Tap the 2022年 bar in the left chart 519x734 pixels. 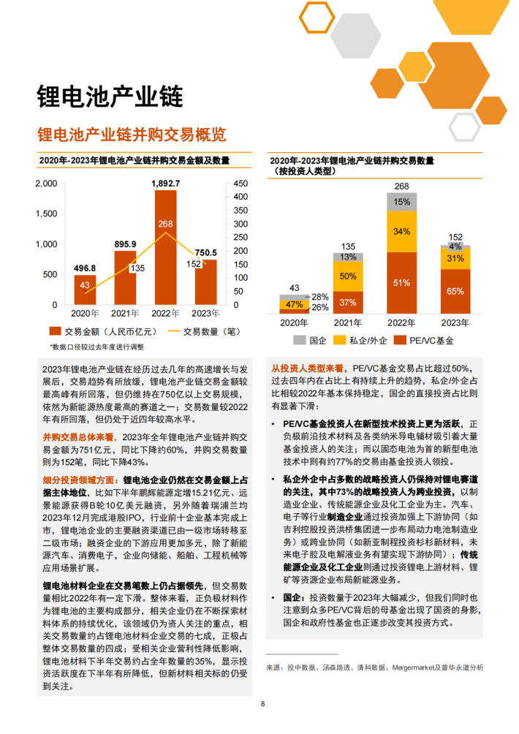[166, 249]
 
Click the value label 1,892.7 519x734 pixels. [166, 183]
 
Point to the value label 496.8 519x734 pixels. [85, 268]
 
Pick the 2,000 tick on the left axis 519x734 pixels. [45, 183]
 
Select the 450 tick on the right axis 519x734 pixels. [240, 183]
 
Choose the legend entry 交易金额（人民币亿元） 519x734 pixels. [99, 331]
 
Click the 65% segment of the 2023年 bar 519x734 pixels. [455, 291]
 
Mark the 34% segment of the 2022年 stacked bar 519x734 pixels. [401, 232]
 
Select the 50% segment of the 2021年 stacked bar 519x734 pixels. [349, 276]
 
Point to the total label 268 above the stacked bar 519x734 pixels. [401, 186]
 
